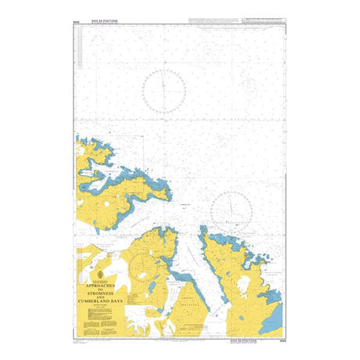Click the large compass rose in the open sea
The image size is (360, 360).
164,92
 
